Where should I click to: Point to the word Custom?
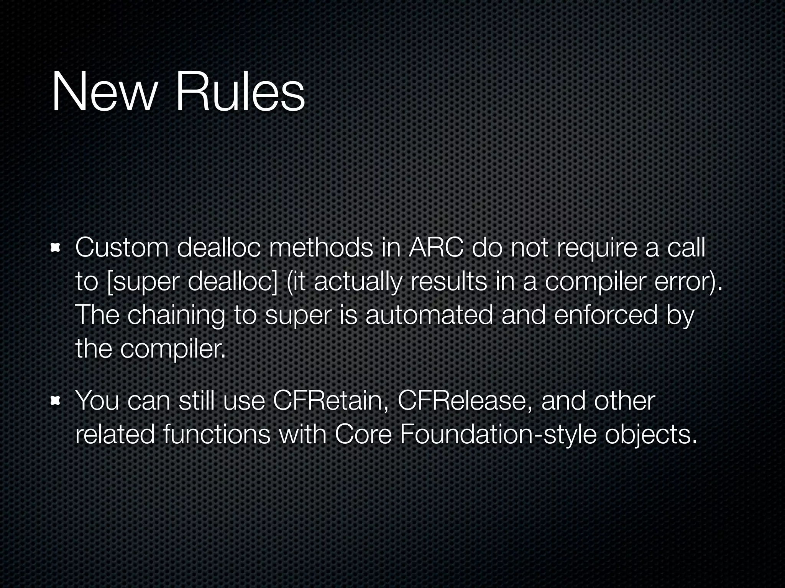point(122,248)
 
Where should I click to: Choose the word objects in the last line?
point(650,436)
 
